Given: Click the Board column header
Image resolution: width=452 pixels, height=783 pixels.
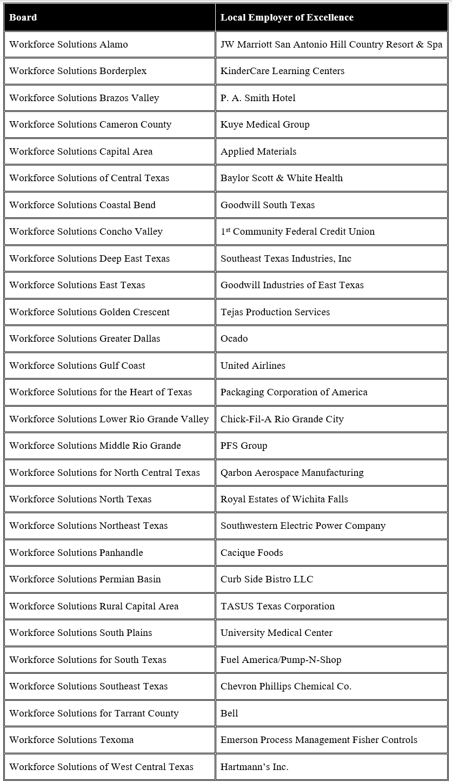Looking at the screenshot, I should click(x=23, y=17).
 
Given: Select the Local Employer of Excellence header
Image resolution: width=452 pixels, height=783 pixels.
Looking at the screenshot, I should click(x=287, y=17).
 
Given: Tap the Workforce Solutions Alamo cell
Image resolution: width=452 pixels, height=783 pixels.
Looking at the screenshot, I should click(x=69, y=44).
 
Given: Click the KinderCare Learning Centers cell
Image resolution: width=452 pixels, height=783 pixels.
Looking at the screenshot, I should click(x=282, y=71).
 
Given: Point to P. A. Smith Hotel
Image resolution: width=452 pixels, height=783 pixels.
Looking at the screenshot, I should click(x=258, y=98).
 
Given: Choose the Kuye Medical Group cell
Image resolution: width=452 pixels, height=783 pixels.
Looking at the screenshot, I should click(x=265, y=124).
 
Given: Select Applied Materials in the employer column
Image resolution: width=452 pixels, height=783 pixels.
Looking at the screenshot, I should click(x=258, y=151).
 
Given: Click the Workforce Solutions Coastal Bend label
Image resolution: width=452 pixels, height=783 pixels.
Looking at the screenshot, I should click(x=82, y=205).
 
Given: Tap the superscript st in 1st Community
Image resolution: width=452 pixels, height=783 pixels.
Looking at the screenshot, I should click(x=228, y=229).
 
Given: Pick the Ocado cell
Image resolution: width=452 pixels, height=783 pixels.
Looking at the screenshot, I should click(x=234, y=339).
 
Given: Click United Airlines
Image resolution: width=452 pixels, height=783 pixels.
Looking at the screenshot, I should click(x=253, y=366).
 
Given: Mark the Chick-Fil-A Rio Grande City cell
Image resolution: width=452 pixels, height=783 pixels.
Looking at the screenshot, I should click(x=282, y=419).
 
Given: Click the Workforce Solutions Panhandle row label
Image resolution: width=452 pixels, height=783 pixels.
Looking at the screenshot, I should click(x=76, y=553).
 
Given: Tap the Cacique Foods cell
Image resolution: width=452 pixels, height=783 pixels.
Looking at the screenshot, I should click(x=251, y=553).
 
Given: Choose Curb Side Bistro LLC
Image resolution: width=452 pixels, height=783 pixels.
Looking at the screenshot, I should click(x=267, y=579).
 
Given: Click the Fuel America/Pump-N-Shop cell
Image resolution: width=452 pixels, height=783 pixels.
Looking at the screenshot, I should click(x=281, y=660).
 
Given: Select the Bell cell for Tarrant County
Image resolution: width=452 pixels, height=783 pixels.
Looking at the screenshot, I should click(x=229, y=713).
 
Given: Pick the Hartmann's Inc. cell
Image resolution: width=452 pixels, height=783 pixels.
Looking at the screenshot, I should click(x=254, y=767).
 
